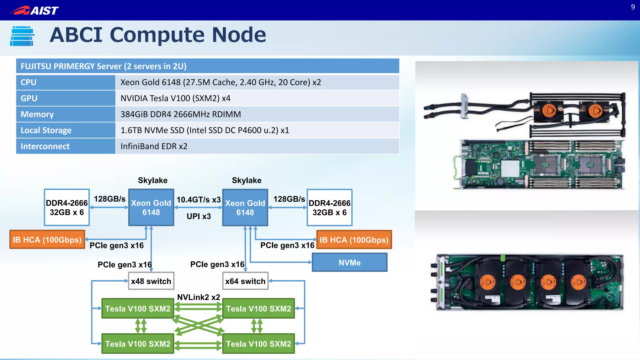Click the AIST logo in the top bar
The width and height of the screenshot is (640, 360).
coord(34,10)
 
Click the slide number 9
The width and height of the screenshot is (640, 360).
coord(632,7)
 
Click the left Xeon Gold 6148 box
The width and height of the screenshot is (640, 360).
coord(151,207)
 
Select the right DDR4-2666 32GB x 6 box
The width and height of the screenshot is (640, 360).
coord(329,207)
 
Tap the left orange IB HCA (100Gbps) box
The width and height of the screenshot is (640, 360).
coord(47,240)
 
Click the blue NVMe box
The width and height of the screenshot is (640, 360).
coord(349,262)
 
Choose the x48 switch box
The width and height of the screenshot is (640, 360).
coord(151,281)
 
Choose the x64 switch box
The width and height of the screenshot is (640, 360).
coord(245,281)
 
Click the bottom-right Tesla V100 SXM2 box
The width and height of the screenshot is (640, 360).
coord(258,344)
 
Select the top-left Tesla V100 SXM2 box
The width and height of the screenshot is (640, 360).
coord(137,308)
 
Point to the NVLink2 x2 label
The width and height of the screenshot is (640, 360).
coord(198,297)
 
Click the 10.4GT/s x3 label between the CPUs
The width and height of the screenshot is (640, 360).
coord(198,200)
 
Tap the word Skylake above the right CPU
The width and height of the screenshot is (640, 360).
coord(247,180)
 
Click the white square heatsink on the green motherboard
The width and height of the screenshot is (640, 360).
coord(510,169)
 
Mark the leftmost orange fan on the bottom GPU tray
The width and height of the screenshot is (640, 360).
coord(488,282)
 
